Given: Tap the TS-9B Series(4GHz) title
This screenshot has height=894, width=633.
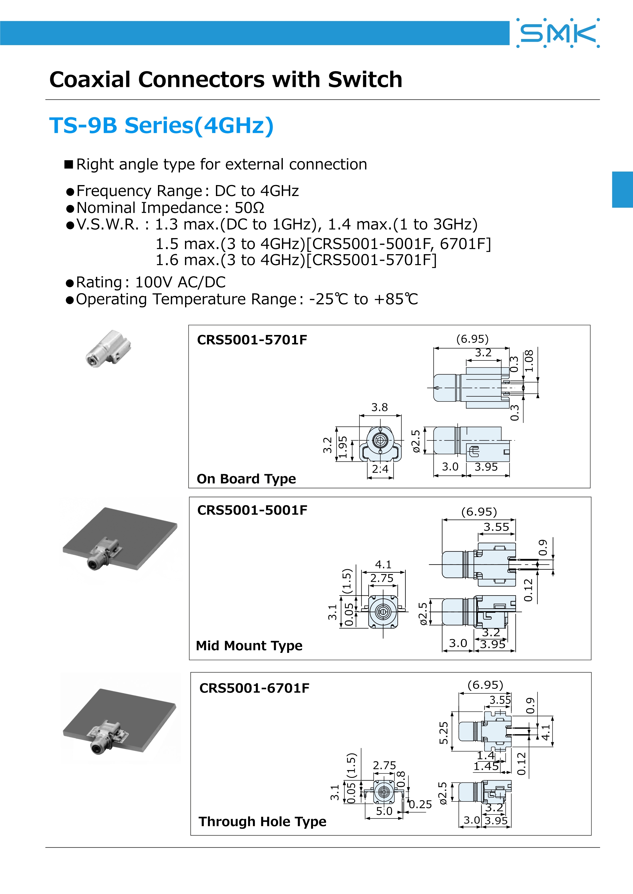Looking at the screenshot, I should pyautogui.click(x=161, y=125).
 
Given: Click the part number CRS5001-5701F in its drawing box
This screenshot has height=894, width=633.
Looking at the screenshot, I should pyautogui.click(x=252, y=340).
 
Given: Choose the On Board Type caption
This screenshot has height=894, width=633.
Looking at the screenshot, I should pyautogui.click(x=246, y=478).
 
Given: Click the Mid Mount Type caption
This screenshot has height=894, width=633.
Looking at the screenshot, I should pyautogui.click(x=249, y=645).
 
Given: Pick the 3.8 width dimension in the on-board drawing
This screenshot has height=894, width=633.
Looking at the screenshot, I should pyautogui.click(x=379, y=407).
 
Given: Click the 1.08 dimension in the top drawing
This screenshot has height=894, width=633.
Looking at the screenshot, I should pyautogui.click(x=529, y=361).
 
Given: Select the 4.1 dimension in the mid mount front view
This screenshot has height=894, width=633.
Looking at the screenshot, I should pyautogui.click(x=383, y=564).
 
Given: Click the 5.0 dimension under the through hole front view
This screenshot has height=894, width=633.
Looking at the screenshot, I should pyautogui.click(x=384, y=811).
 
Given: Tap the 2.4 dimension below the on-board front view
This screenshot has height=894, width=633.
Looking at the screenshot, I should pyautogui.click(x=380, y=469).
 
